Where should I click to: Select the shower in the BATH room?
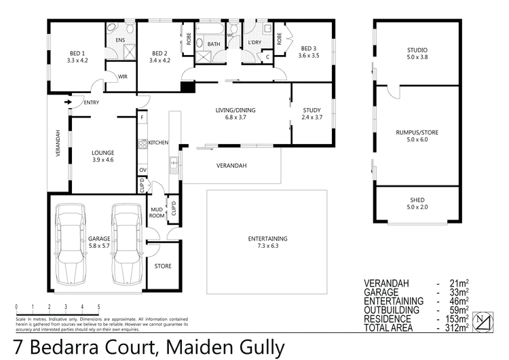click(x=203, y=33)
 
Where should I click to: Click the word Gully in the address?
click(x=262, y=348)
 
